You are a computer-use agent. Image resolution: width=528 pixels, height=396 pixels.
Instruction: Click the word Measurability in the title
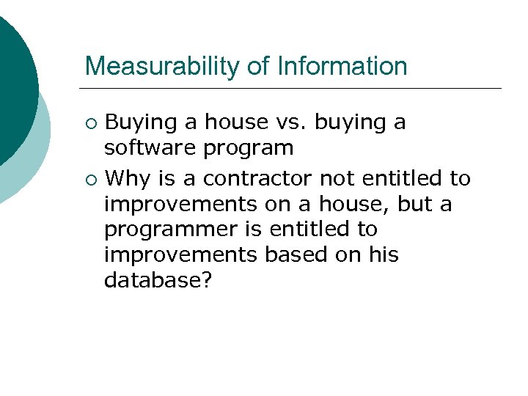163,66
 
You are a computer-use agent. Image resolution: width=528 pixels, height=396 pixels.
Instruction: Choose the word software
150,148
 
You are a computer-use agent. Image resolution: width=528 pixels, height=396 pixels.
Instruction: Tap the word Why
129,178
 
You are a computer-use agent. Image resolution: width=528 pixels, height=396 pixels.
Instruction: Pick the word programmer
168,230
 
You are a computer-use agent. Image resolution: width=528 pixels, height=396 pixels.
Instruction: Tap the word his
384,254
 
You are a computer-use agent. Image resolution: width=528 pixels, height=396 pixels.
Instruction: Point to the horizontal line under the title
293,89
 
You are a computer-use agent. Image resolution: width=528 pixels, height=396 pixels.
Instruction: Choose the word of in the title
257,66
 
